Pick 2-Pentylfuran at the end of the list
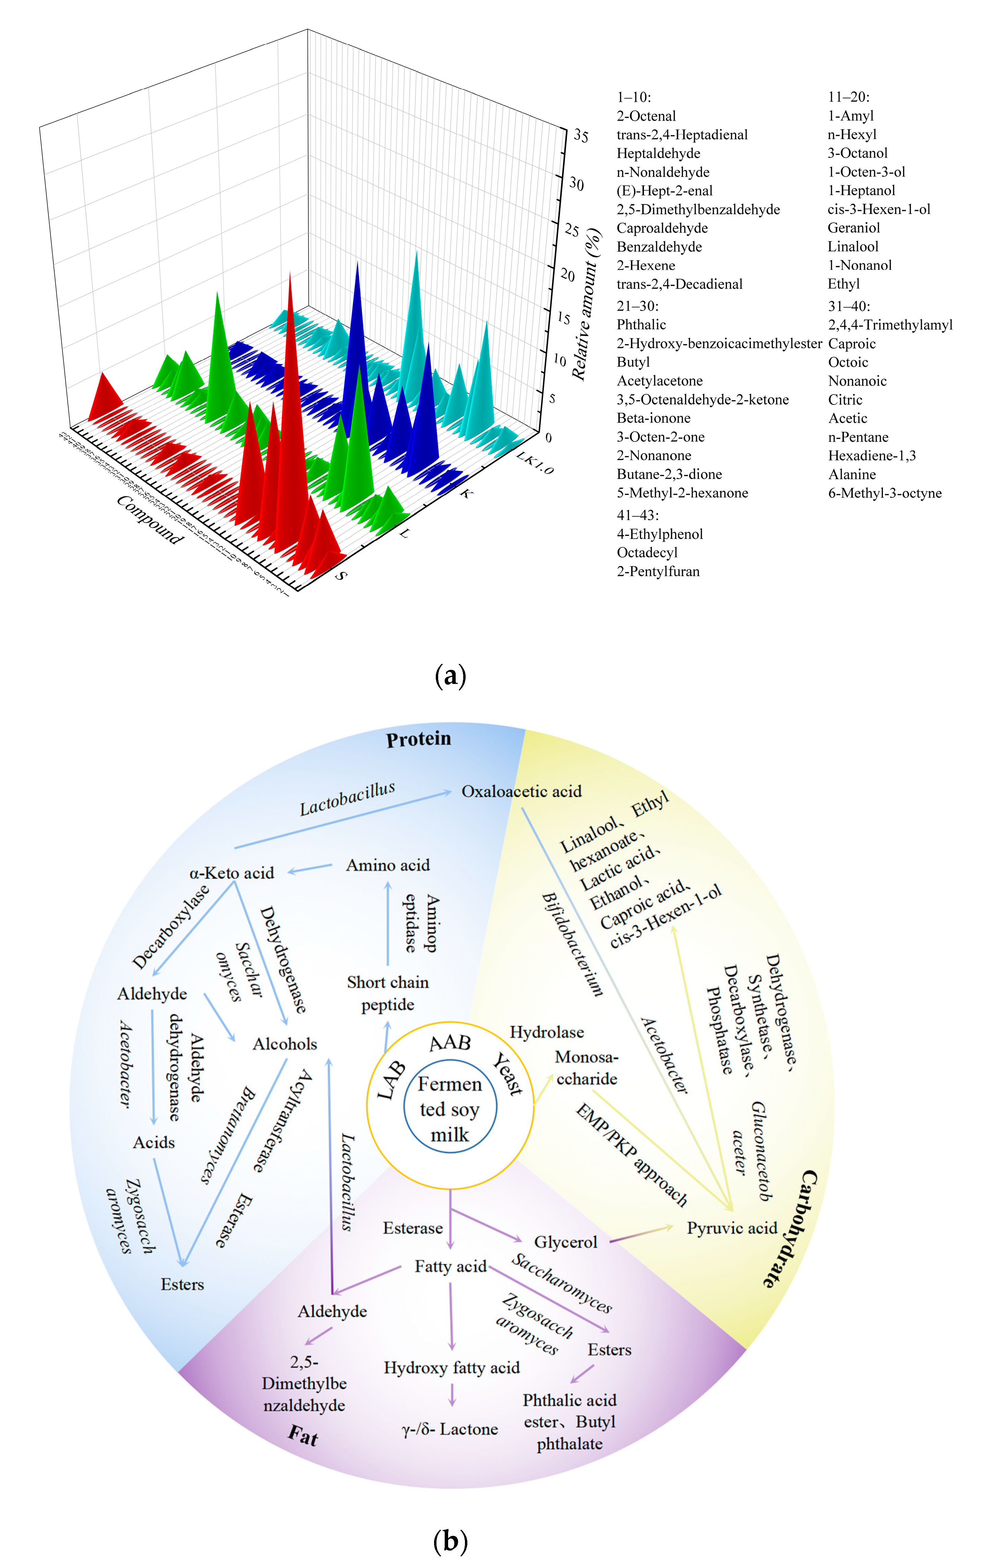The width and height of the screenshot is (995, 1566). pyautogui.click(x=658, y=571)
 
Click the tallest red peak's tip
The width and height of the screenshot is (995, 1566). pyautogui.click(x=290, y=273)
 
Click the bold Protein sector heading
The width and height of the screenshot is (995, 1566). pyautogui.click(x=418, y=739)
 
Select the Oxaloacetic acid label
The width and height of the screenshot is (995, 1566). pyautogui.click(x=521, y=792)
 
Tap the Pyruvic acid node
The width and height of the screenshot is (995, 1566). pyautogui.click(x=732, y=1228)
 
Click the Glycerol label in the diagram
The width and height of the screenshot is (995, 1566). pyautogui.click(x=565, y=1242)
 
